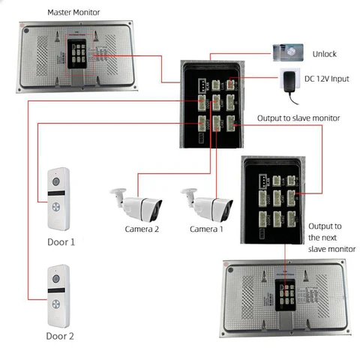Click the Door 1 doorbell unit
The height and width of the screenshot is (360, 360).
58,198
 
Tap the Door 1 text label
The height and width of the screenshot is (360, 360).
61,242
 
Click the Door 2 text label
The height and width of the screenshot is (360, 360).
61,336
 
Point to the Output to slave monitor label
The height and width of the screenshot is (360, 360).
298,118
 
